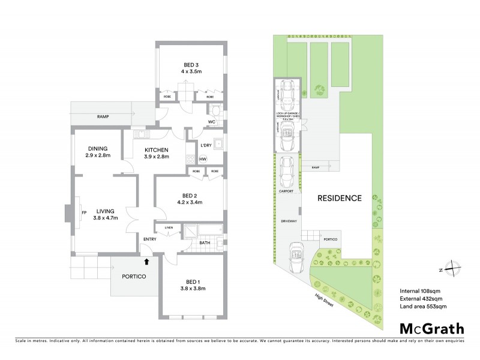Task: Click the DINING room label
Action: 98,149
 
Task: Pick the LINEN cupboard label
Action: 169,228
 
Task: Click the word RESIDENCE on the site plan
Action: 340,197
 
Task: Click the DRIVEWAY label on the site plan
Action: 289,221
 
